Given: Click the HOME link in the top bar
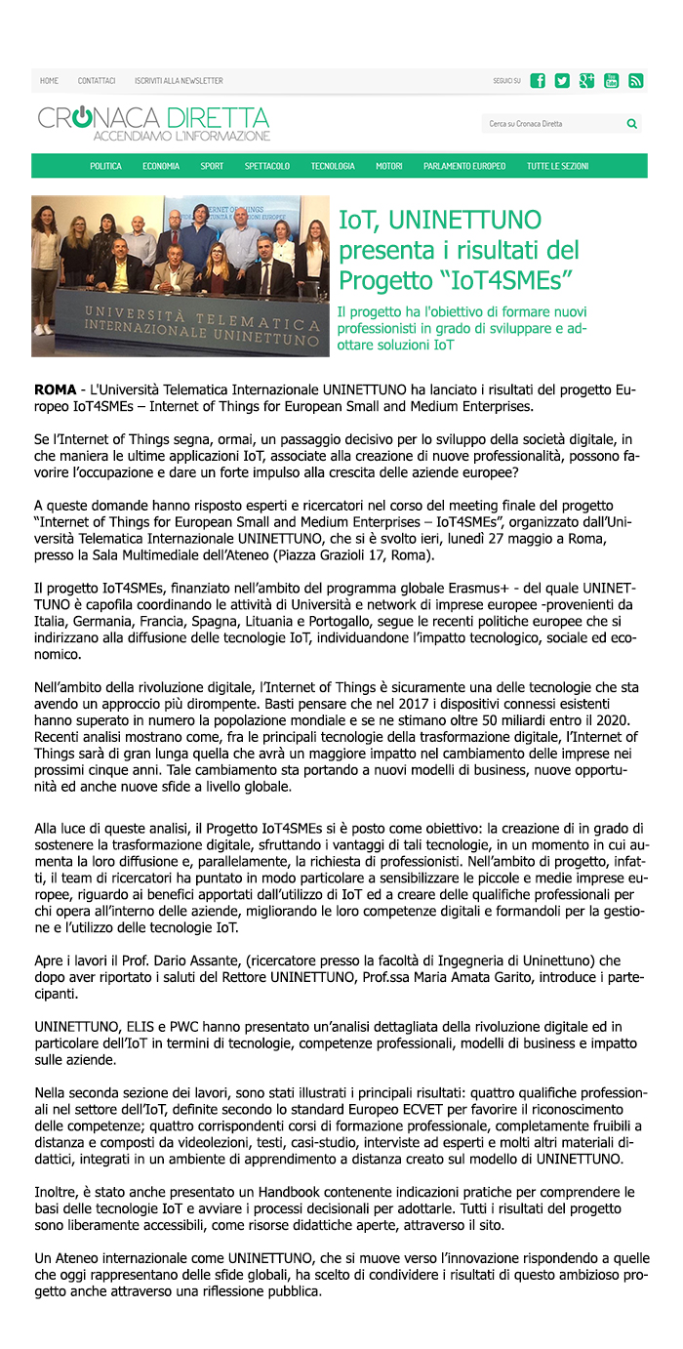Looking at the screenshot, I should pos(49,81).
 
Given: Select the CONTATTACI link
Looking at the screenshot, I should pos(97,81).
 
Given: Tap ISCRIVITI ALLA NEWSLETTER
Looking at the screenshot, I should pos(179,81).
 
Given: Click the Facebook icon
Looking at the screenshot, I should pos(538,81).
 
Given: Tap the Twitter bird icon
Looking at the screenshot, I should pos(562,81).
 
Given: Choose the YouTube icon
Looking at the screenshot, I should pos(612,81).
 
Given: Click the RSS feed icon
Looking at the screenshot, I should pos(636,81).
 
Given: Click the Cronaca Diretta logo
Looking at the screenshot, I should pos(154,123).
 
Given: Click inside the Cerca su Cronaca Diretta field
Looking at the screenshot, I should pos(551,124).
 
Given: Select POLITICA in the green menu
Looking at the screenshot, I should pos(106,167).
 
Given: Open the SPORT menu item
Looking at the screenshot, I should pos(212,167).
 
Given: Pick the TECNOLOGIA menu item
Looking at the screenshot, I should pos(333,167).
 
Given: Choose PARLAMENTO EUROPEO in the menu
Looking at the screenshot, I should pos(464,167).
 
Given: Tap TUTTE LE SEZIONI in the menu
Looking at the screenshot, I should pos(558,167).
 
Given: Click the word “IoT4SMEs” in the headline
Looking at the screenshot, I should pos(509,281).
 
